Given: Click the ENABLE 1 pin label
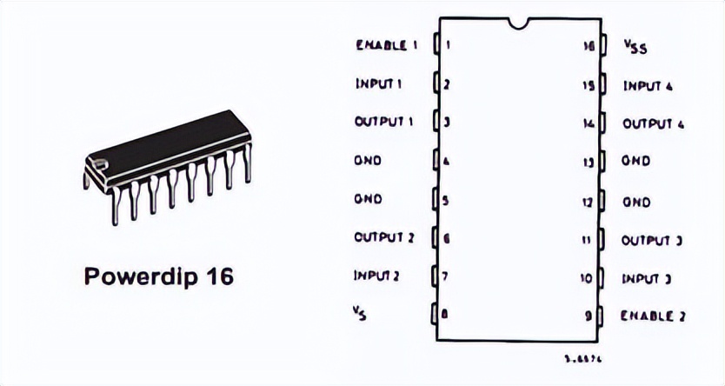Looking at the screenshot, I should (x=387, y=45).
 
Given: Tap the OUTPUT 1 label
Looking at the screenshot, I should (x=383, y=123).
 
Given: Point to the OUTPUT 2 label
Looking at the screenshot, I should (x=384, y=237).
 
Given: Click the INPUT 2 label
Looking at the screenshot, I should (x=376, y=276).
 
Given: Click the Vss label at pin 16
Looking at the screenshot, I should (x=636, y=47).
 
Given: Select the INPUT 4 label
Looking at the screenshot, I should (x=649, y=86).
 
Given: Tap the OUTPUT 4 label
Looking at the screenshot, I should (x=654, y=124).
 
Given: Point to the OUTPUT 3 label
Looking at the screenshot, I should (x=651, y=240).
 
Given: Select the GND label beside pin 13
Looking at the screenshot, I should (x=635, y=162).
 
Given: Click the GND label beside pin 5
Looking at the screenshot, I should (x=368, y=199).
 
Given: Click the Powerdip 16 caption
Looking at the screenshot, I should (x=159, y=277).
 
